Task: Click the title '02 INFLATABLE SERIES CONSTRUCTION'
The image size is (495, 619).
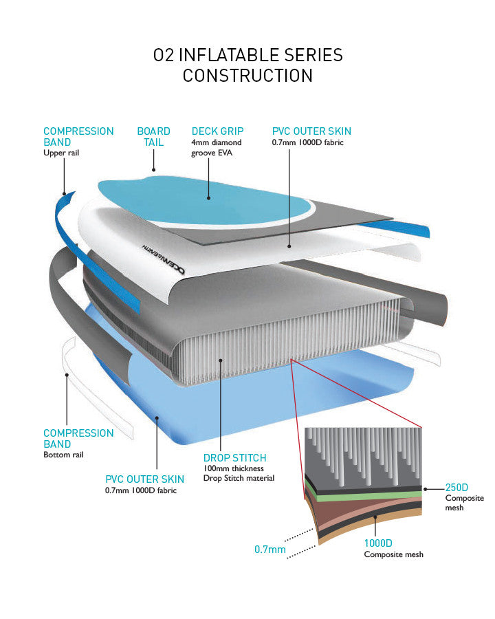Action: pyautogui.click(x=247, y=65)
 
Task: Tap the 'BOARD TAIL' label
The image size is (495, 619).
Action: pyautogui.click(x=153, y=136)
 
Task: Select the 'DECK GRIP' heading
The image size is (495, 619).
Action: pyautogui.click(x=217, y=131)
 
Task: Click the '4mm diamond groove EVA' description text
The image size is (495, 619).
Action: pyautogui.click(x=217, y=147)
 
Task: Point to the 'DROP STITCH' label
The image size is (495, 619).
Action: pyautogui.click(x=234, y=457)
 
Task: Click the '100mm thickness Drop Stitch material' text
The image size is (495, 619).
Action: pyautogui.click(x=239, y=473)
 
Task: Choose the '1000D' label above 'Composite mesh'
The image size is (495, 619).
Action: pyautogui.click(x=379, y=543)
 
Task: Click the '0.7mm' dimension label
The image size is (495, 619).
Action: pyautogui.click(x=269, y=550)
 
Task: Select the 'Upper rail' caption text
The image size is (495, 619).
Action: pyautogui.click(x=61, y=153)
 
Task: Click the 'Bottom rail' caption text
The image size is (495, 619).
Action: pyautogui.click(x=64, y=455)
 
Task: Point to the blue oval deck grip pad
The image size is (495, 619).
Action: pyautogui.click(x=206, y=199)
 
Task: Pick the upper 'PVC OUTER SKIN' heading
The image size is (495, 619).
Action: pyautogui.click(x=311, y=131)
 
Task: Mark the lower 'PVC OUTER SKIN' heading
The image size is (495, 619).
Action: pyautogui.click(x=144, y=479)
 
